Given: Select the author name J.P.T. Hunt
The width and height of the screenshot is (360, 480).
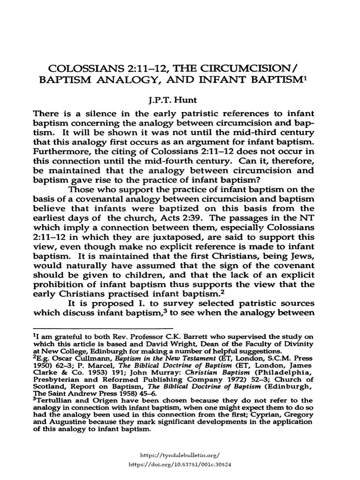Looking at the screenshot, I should pos(180,100).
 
